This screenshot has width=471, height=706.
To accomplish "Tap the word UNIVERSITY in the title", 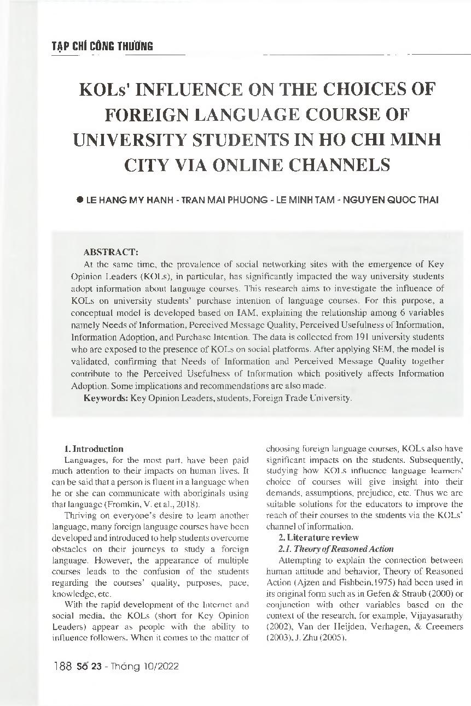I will [x=130, y=139].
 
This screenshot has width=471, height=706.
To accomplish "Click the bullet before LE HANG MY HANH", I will [x=79, y=200].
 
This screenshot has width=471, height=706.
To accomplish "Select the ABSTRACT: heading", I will [x=111, y=252].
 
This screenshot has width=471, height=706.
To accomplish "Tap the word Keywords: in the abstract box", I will [x=106, y=398].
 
